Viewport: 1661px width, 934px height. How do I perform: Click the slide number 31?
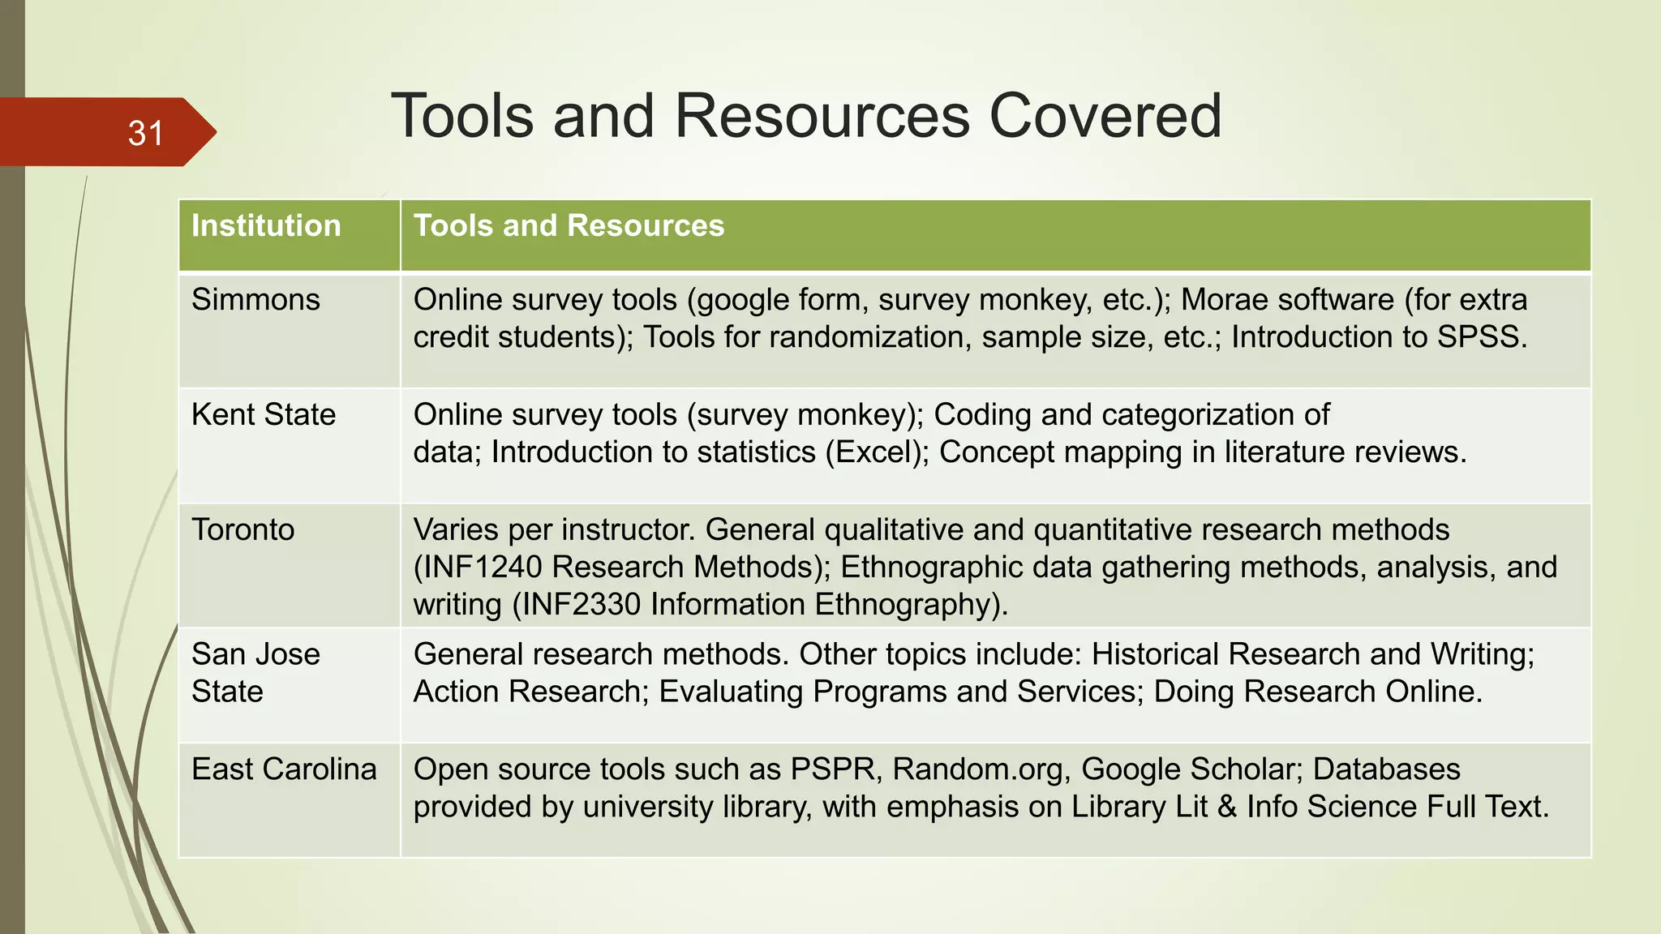coord(146,134)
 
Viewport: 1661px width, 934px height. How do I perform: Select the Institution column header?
coord(266,225)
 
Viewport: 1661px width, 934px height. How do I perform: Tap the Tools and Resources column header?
coord(569,225)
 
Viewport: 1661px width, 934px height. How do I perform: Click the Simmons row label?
coord(255,300)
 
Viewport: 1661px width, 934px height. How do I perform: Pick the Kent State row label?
coord(264,415)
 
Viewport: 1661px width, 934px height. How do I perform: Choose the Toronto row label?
coord(242,530)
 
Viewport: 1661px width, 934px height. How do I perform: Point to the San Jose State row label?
coord(255,673)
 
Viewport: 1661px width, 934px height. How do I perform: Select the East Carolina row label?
coord(284,769)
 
